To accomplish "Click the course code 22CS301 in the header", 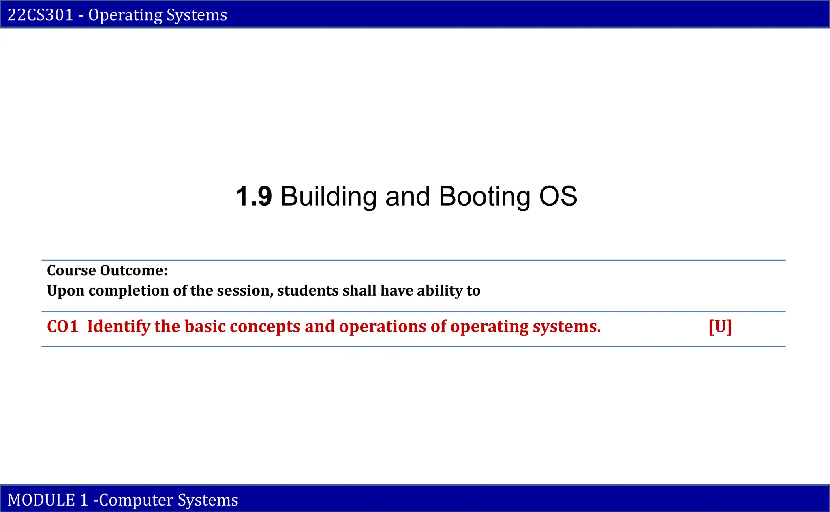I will (41, 15).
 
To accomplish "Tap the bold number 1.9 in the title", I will (254, 197).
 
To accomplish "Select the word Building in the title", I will (328, 197).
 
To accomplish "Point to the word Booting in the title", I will (484, 197).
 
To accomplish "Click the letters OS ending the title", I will (558, 197).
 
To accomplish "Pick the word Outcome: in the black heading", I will (134, 270).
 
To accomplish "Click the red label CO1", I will (62, 327).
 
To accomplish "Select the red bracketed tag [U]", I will (720, 327).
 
